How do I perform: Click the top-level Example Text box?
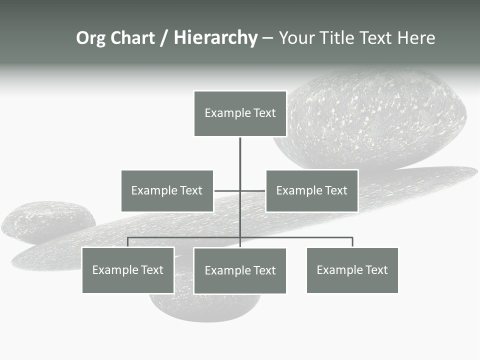(x=240, y=113)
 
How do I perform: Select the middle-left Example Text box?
(x=167, y=190)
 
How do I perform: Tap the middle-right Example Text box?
(x=311, y=190)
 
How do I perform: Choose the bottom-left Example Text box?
(x=128, y=270)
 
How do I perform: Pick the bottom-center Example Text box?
(x=240, y=270)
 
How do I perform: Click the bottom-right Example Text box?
(x=352, y=270)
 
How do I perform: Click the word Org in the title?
(x=90, y=38)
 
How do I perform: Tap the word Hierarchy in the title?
(x=215, y=38)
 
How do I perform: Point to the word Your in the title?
(x=295, y=38)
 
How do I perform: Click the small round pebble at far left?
(x=47, y=221)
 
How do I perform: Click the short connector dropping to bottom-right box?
(x=352, y=242)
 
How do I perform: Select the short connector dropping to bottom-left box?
(x=128, y=242)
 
